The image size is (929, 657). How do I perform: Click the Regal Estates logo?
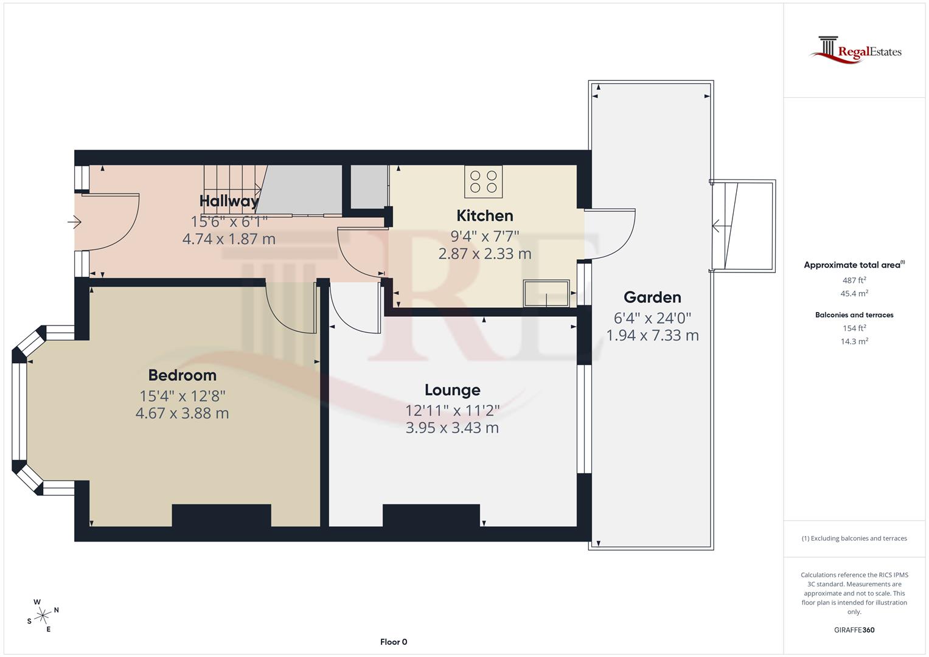point(855,49)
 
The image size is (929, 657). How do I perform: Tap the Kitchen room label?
point(485,216)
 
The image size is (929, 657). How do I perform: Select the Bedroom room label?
point(183,375)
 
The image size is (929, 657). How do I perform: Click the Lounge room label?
point(452,390)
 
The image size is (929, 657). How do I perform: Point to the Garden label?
point(652,297)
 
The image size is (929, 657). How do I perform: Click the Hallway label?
point(229,201)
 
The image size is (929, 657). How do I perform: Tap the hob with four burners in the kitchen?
point(483,181)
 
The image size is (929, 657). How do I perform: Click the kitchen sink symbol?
point(546,293)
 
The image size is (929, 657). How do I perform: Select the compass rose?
point(43,616)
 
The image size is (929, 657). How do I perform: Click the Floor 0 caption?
point(394,642)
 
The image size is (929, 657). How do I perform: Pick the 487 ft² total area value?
point(854,280)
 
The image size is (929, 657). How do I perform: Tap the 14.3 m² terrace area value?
point(854,341)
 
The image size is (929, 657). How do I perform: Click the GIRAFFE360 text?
point(854,630)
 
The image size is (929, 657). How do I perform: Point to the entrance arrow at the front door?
point(75,223)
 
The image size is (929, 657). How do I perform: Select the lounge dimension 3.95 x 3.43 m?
point(452,428)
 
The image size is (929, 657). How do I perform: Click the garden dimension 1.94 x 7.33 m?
point(652,335)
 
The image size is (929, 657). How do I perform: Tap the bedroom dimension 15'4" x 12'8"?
point(183,395)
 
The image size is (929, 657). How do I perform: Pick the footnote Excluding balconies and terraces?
point(854,538)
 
